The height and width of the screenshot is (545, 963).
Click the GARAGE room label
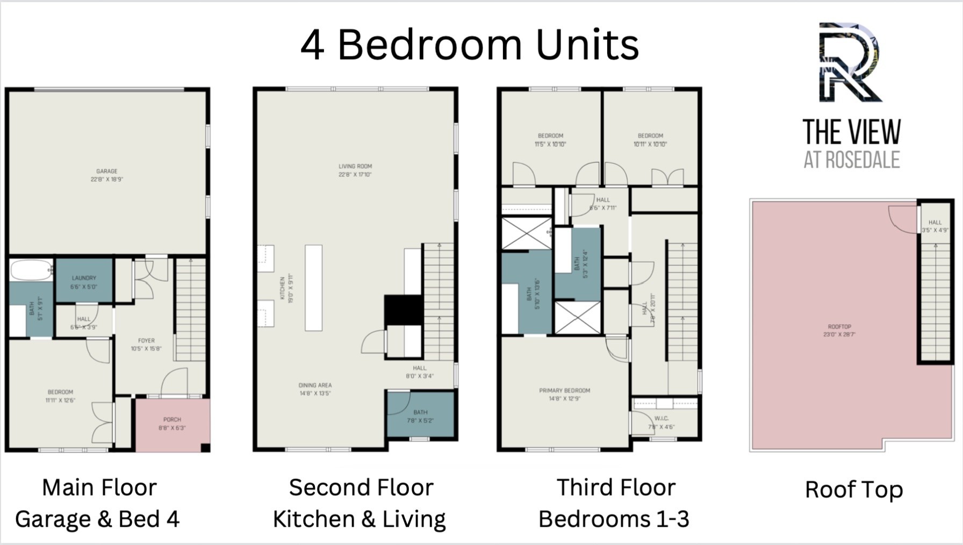[x=106, y=175]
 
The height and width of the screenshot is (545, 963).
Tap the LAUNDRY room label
[x=84, y=282]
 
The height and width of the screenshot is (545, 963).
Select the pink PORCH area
[x=172, y=425]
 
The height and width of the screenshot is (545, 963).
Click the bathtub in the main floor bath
[x=31, y=270]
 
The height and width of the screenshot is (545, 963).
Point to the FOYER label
[x=146, y=345]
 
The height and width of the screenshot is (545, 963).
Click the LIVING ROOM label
[x=355, y=170]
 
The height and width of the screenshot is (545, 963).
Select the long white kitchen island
[x=314, y=288]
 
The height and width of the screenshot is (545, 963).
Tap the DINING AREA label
[x=315, y=389]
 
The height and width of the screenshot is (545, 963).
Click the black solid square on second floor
[x=403, y=310]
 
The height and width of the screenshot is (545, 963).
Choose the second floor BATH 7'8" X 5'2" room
[x=421, y=415]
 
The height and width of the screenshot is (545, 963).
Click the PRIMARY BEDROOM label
[x=565, y=394]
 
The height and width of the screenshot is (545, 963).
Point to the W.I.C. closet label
[x=662, y=422]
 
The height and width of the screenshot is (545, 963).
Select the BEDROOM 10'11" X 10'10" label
[x=650, y=140]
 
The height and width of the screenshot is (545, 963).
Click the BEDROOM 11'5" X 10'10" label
[x=550, y=140]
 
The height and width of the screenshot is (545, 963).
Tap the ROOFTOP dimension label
[x=839, y=330]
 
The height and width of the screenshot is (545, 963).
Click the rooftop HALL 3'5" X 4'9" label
[x=935, y=226]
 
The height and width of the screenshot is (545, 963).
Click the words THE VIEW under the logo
[x=851, y=132]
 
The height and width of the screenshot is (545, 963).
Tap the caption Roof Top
[x=853, y=490]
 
